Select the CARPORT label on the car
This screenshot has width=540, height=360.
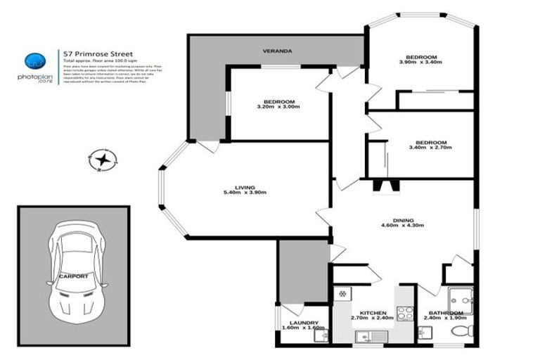tap(74, 276)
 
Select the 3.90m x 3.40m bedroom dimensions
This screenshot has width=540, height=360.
tap(421, 63)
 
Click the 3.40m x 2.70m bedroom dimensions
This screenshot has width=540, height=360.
tap(429, 148)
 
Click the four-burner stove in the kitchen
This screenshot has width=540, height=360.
tap(405, 313)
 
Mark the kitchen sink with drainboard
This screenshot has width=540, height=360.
tap(368, 336)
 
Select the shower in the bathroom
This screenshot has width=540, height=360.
tap(458, 298)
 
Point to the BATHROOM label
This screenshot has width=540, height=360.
tap(447, 312)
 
